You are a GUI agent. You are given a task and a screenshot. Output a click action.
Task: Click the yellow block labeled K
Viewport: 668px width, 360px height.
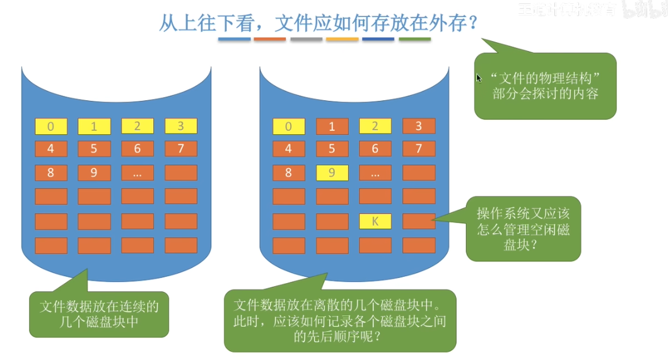coord(375,221)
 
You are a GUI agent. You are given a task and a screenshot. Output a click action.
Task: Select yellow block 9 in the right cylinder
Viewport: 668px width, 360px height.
coord(332,172)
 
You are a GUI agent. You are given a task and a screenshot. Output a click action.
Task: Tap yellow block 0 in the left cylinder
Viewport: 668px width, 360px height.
coord(50,127)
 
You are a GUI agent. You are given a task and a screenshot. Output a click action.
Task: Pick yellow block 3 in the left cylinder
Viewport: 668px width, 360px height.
coord(181,126)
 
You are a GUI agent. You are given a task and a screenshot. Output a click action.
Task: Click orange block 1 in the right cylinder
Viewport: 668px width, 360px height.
coord(332,127)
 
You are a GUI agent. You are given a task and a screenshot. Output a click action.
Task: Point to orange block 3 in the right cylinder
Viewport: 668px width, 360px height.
coord(418,126)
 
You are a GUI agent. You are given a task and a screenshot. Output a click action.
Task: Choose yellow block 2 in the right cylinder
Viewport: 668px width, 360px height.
coord(375,126)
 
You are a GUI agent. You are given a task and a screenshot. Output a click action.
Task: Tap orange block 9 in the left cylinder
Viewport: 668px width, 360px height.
coord(94,172)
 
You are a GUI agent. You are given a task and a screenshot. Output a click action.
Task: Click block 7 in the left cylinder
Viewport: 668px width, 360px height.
coord(181,149)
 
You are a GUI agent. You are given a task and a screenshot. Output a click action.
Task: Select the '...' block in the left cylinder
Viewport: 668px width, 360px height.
coord(138,172)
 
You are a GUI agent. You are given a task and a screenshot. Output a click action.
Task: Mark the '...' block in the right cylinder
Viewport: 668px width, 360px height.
coord(375,172)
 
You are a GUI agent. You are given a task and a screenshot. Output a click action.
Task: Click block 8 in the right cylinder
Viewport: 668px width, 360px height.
coord(288,172)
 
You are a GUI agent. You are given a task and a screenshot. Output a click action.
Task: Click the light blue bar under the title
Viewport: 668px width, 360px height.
coord(235,40)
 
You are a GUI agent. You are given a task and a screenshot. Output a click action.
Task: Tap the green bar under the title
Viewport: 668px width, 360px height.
coord(415,40)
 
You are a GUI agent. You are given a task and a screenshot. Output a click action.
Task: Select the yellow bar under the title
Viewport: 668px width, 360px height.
coord(343,40)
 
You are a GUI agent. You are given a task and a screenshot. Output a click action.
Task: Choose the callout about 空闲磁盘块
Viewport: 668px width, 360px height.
coord(523,229)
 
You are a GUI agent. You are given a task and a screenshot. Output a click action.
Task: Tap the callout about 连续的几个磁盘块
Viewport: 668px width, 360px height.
coord(99,314)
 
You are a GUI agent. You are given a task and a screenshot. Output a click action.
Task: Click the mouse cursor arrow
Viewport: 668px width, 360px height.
coord(479,78)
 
